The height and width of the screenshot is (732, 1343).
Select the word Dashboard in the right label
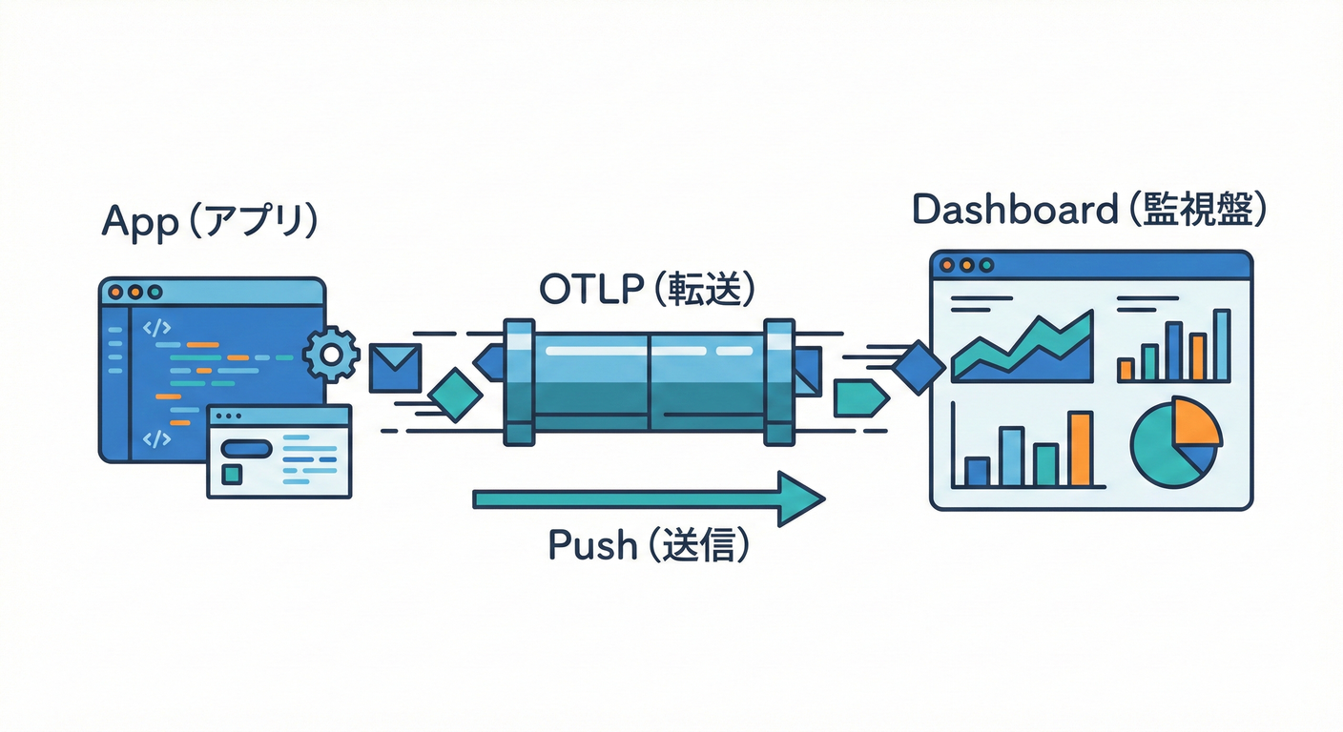click(x=1014, y=209)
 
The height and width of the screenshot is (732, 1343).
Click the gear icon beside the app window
click(x=331, y=355)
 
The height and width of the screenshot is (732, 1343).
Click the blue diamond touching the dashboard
click(x=919, y=366)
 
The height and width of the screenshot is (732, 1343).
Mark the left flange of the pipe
click(x=519, y=382)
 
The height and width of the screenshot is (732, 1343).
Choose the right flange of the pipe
click(x=777, y=382)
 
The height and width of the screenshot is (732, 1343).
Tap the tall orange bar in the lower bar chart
click(x=1080, y=449)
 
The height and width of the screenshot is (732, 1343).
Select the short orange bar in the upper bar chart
click(x=1126, y=370)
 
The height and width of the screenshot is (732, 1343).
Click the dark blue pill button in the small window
click(x=246, y=446)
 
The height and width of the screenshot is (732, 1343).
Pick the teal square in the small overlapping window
click(x=231, y=474)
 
